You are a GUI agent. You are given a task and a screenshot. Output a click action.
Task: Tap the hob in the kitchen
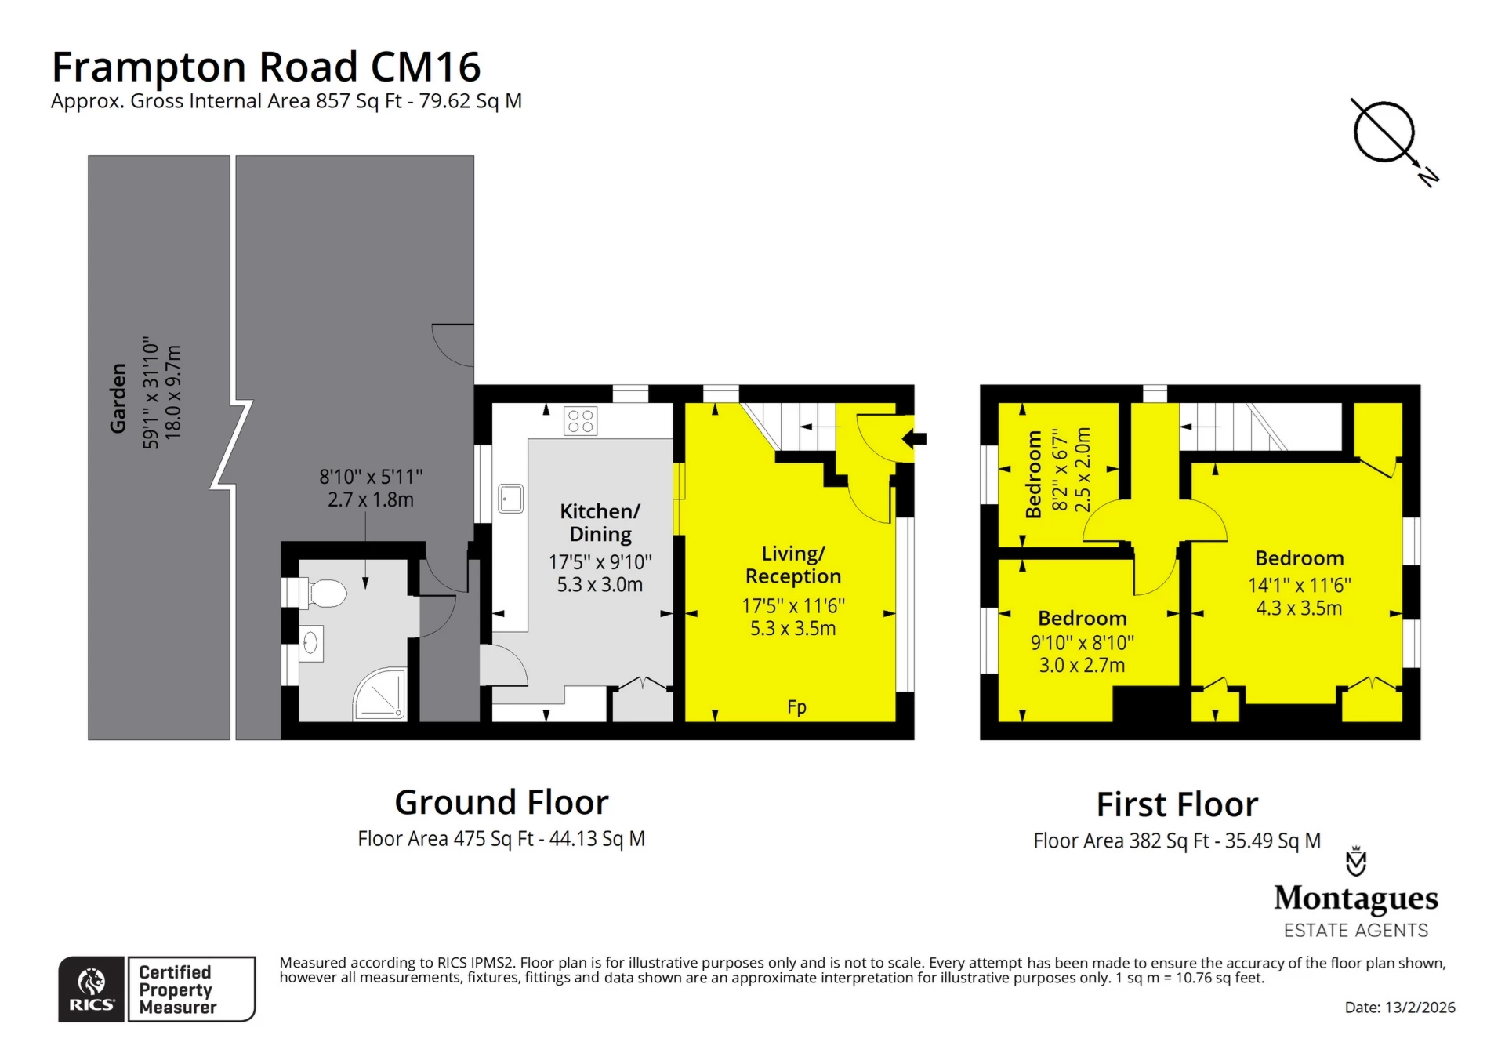(x=580, y=421)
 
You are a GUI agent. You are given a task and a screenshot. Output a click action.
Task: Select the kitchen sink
(x=510, y=499)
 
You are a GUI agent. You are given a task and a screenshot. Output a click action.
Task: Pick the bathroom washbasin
(x=312, y=645)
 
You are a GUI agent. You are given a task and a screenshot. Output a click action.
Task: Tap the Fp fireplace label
(x=796, y=707)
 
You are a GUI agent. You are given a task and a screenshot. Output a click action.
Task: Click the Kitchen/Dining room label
(x=600, y=522)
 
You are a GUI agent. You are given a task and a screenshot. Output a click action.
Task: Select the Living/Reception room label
(x=793, y=565)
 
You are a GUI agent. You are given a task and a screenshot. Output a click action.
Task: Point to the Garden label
(x=118, y=398)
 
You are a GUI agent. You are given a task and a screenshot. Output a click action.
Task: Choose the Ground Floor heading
(x=502, y=802)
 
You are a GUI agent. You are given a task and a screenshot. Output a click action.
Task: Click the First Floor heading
(x=1177, y=804)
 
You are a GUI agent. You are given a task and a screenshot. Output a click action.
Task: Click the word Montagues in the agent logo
(x=1356, y=899)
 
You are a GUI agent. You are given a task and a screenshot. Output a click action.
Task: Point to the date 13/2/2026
(x=1420, y=1008)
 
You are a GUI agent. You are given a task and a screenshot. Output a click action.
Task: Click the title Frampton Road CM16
(x=266, y=67)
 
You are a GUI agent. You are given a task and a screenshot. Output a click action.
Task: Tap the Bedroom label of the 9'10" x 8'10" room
(x=1083, y=619)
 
